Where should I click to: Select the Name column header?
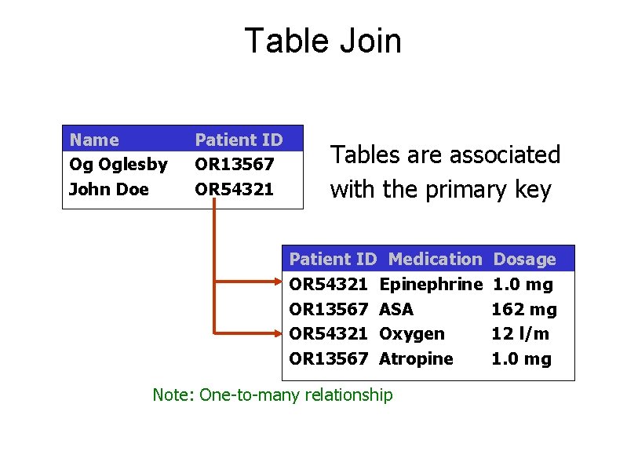[94, 140]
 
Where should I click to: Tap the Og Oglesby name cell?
[118, 165]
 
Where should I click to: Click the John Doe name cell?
[109, 189]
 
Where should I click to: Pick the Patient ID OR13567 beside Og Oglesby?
[235, 165]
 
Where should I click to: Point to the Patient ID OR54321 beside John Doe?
[235, 189]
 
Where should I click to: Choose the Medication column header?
[436, 259]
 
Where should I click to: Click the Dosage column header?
[524, 259]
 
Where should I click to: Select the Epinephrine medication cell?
[430, 284]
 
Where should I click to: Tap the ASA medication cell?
[396, 309]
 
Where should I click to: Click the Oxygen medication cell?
[412, 334]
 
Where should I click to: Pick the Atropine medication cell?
[417, 359]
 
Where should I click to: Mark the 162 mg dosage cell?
[524, 309]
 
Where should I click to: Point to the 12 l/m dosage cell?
[520, 334]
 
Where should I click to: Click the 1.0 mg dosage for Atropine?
[522, 359]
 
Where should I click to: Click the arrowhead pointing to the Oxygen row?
[276, 333]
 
